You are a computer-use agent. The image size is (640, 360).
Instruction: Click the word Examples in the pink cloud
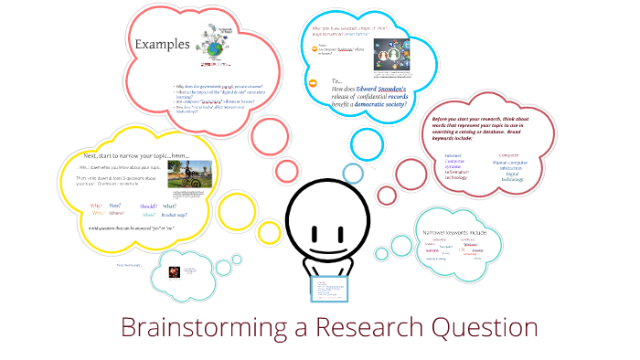point(163,44)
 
